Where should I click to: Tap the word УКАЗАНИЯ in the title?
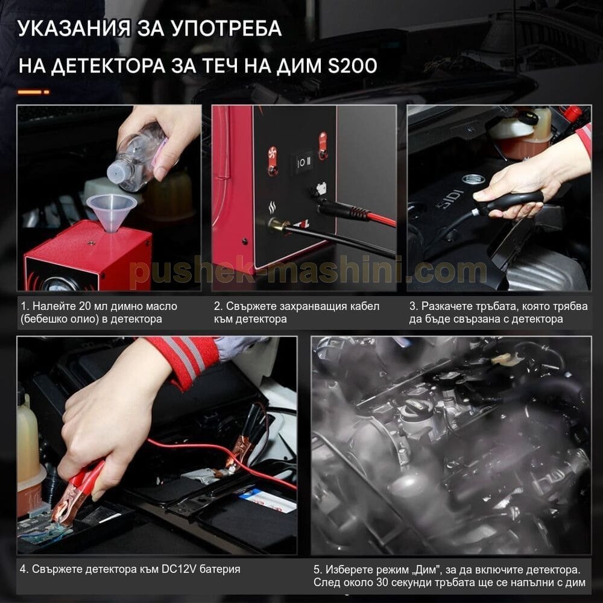[74, 28]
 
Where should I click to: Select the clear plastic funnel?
[112, 210]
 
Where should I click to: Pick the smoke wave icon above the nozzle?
[272, 209]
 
